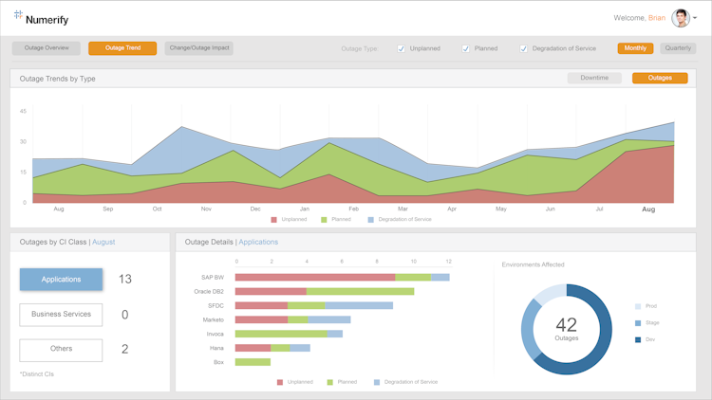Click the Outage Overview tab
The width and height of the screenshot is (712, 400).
click(47, 47)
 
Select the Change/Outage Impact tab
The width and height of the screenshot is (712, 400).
click(198, 47)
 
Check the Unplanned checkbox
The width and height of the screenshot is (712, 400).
click(402, 48)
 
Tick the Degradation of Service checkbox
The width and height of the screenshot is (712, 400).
click(523, 48)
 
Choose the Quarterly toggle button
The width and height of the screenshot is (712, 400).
click(678, 48)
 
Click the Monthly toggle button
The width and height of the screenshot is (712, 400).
click(635, 48)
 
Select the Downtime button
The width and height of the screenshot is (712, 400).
click(594, 78)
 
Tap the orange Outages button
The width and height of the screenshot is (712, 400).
click(660, 78)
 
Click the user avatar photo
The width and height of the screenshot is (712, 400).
click(681, 18)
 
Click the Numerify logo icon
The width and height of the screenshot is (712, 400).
click(18, 15)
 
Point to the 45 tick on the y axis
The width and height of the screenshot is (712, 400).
click(23, 111)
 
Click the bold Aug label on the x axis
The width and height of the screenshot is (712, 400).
click(648, 209)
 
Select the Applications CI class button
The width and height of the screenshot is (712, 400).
click(61, 280)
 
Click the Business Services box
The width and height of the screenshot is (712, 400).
click(61, 314)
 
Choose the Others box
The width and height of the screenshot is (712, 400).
click(61, 349)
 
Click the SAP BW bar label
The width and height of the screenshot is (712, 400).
click(213, 278)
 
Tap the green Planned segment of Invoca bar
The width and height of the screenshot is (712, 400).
click(281, 334)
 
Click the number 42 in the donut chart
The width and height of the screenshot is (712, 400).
click(566, 325)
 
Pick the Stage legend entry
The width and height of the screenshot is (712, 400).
click(651, 323)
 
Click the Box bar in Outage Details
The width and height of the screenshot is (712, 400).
click(253, 362)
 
